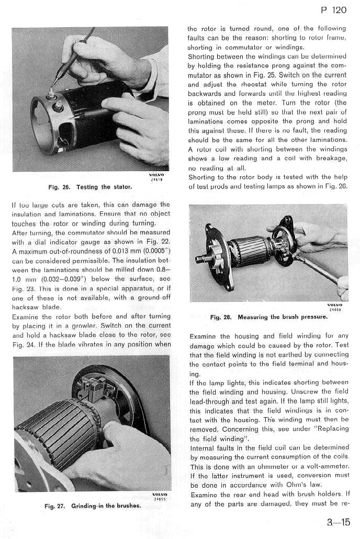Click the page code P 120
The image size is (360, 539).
[332, 10]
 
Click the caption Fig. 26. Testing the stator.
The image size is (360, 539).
[91, 187]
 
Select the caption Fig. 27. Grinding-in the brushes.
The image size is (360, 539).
[92, 506]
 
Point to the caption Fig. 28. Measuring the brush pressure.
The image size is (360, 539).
[268, 317]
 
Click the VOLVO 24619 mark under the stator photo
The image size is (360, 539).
[156, 177]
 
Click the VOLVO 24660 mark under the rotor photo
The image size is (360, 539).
[334, 307]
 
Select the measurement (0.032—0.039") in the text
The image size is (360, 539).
[56, 279]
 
